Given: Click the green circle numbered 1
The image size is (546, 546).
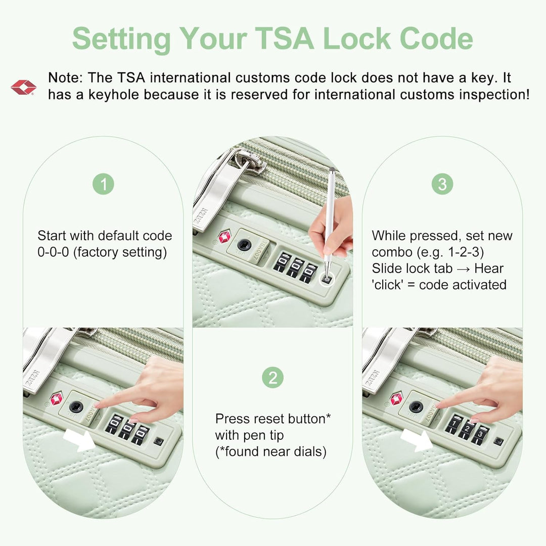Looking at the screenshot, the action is [x=104, y=184].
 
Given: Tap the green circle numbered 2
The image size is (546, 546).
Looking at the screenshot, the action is [x=273, y=378].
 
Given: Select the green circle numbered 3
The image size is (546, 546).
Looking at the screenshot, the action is [x=442, y=184].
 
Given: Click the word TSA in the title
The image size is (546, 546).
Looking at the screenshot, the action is [x=284, y=38].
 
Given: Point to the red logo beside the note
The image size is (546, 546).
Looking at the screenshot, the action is [x=23, y=87].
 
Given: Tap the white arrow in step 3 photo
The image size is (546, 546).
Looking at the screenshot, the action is [x=417, y=440].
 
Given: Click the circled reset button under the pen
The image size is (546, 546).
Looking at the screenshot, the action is [x=327, y=279].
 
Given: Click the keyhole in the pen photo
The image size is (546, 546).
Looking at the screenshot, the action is [x=244, y=245].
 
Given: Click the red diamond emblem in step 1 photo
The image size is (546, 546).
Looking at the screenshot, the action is [x=56, y=399].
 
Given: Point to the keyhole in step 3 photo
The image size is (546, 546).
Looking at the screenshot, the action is [x=416, y=406].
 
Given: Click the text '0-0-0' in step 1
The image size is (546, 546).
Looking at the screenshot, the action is [x=53, y=252].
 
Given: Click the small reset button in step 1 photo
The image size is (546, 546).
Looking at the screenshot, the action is [x=158, y=441].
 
